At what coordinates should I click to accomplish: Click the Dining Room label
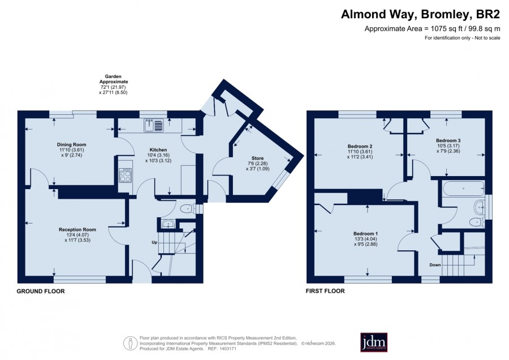pyautogui.click(x=71, y=144)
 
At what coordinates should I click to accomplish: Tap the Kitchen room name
pyautogui.click(x=158, y=150)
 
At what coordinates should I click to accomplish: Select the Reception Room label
pyautogui.click(x=77, y=229)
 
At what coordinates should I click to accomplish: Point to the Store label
pyautogui.click(x=257, y=158)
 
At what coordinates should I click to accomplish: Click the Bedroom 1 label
pyautogui.click(x=365, y=234)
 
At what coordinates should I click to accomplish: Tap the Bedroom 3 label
pyautogui.click(x=448, y=140)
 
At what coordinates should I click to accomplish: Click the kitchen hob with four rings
pyautogui.click(x=126, y=176)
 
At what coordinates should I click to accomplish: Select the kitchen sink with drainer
pyautogui.click(x=153, y=126)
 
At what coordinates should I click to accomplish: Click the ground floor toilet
pyautogui.click(x=188, y=209)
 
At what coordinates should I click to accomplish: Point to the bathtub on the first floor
pyautogui.click(x=464, y=188)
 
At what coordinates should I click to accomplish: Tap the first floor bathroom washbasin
pyautogui.click(x=479, y=207)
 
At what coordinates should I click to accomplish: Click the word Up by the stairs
pyautogui.click(x=154, y=242)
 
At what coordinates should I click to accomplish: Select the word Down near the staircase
pyautogui.click(x=435, y=265)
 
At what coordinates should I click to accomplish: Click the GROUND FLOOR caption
pyautogui.click(x=41, y=292)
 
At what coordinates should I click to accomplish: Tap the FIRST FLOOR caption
pyautogui.click(x=325, y=291)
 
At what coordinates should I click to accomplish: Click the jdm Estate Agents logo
pyautogui.click(x=374, y=342)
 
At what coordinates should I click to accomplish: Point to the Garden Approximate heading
pyautogui.click(x=114, y=79)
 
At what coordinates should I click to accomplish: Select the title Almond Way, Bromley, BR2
pyautogui.click(x=420, y=14)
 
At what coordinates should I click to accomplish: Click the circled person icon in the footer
pyautogui.click(x=130, y=344)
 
